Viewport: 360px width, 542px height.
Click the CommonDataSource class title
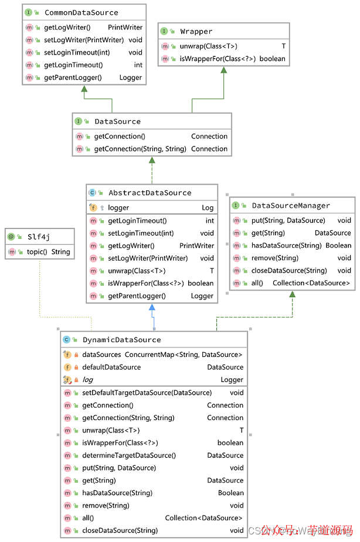pyautogui.click(x=81, y=12)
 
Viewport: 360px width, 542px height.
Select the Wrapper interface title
pyautogui.click(x=196, y=31)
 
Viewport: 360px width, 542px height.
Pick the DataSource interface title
pyautogui.click(x=117, y=121)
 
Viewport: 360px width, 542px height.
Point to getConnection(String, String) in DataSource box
pyautogui.click(x=140, y=149)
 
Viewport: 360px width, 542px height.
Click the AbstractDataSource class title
pyautogui.click(x=150, y=193)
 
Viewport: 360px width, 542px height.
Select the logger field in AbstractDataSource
pyautogui.click(x=118, y=207)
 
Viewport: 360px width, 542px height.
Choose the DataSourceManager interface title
pyautogui.click(x=291, y=206)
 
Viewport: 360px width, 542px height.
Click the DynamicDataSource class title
pyautogui.click(x=121, y=339)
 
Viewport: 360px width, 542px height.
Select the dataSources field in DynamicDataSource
pyautogui.click(x=101, y=354)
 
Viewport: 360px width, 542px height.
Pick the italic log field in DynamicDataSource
pyautogui.click(x=87, y=380)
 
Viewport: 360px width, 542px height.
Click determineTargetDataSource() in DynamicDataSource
pyautogui.click(x=128, y=455)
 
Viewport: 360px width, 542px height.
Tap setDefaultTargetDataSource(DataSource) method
pyautogui.click(x=147, y=393)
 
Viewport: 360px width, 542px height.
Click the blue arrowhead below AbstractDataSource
pyautogui.click(x=152, y=307)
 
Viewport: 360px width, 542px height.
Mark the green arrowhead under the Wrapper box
pyautogui.click(x=223, y=70)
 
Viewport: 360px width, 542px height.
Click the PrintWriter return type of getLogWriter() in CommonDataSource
pyautogui.click(x=125, y=27)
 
